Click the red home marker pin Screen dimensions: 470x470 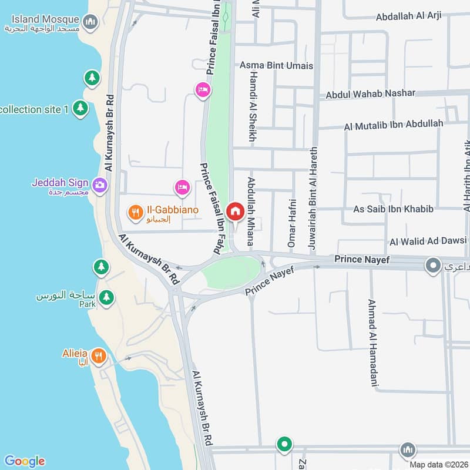coord(236,211)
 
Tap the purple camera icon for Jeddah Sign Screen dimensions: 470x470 coord(100,184)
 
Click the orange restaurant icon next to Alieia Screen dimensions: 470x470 coord(99,355)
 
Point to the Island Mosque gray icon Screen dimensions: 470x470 coord(90,23)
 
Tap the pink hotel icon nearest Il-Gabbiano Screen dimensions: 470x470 coord(183,187)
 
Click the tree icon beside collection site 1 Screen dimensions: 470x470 coord(80,108)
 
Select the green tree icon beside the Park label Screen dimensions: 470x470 coord(106,298)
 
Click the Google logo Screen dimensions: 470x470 coord(24,461)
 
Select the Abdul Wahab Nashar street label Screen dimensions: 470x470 coord(370,93)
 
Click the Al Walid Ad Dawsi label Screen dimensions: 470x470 coord(428,241)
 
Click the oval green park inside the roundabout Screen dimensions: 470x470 coord(231,273)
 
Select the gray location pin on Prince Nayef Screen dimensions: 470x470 coord(434,266)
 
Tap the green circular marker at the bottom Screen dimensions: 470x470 coord(284,444)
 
